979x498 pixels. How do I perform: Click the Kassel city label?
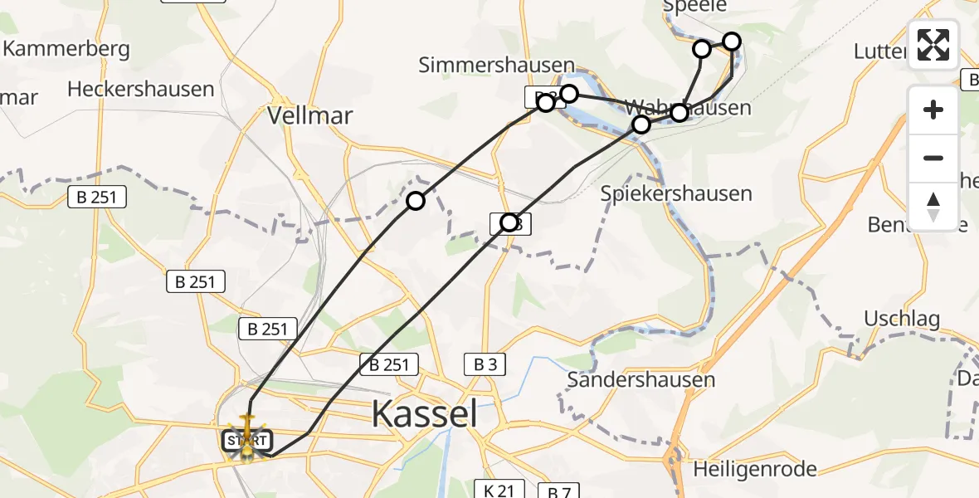tap(424, 413)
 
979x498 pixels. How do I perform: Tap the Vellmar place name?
tap(310, 115)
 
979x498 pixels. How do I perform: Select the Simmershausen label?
tap(496, 66)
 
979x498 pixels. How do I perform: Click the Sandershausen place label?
tap(640, 380)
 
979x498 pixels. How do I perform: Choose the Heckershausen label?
tap(141, 89)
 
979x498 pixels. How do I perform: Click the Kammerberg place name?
tap(66, 48)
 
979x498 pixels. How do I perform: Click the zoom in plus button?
tap(933, 110)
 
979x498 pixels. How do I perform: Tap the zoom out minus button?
tap(933, 158)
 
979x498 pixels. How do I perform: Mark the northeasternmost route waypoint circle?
tap(732, 41)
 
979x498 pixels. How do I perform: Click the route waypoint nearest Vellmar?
tap(416, 201)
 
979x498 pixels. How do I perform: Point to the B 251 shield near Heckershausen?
tap(97, 197)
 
